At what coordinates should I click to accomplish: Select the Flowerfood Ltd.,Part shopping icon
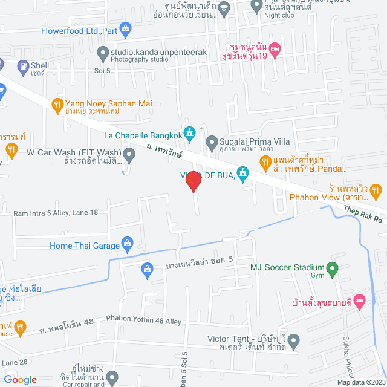(125, 28)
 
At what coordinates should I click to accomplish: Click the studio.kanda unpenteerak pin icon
(102, 53)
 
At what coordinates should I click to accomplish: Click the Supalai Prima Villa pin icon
(212, 143)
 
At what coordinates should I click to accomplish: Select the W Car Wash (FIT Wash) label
(74, 152)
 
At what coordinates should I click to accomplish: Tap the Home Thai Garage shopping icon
(127, 244)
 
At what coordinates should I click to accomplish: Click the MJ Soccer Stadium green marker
(332, 268)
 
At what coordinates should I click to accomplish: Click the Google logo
(21, 379)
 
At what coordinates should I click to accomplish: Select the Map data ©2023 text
(360, 382)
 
